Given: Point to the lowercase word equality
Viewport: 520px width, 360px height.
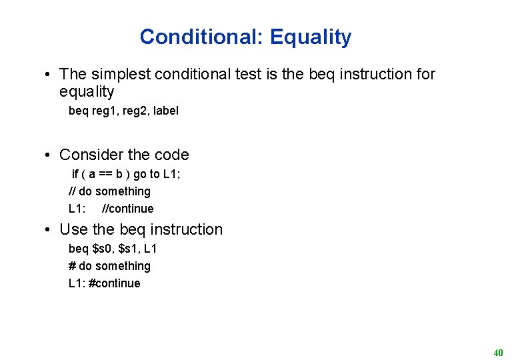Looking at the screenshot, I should tap(87, 91).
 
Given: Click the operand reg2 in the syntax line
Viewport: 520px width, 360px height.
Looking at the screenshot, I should tap(136, 111).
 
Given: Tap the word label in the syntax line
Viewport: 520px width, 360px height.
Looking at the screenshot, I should tap(166, 111).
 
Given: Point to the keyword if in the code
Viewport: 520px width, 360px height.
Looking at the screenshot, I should tap(75, 175).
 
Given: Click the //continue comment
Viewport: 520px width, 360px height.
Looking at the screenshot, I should tap(127, 209).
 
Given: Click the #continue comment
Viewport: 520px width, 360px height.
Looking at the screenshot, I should tap(115, 283).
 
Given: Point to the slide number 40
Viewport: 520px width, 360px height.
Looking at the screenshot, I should tap(498, 352).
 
